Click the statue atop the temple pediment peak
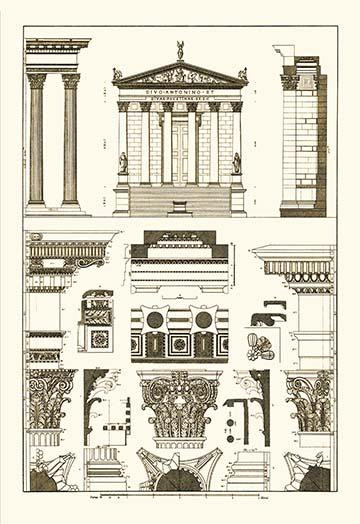tap(180, 49)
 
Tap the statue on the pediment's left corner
tap(117, 74)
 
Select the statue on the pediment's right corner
tap(243, 74)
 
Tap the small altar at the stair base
tap(180, 207)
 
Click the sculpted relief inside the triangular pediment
tap(180, 76)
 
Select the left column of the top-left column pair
tap(38, 140)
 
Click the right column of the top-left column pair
tap(71, 140)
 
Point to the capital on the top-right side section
tap(290, 81)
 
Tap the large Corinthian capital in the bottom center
tap(180, 405)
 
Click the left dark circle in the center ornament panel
tap(155, 320)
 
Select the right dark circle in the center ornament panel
tap(204, 320)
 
